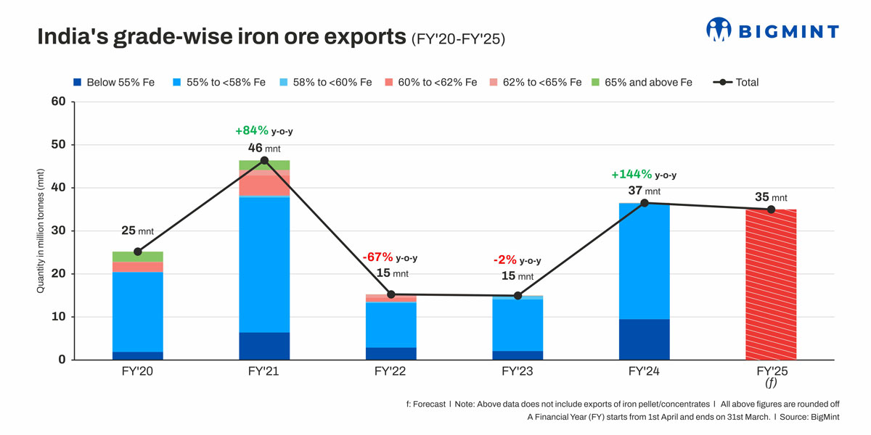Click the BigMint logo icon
(719, 29)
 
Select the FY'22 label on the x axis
(390, 372)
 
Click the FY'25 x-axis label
(771, 372)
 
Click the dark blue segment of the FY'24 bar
(644, 339)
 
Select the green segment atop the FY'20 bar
(137, 257)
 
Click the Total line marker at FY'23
(518, 296)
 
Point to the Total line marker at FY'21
(264, 160)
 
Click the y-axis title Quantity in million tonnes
(42, 231)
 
